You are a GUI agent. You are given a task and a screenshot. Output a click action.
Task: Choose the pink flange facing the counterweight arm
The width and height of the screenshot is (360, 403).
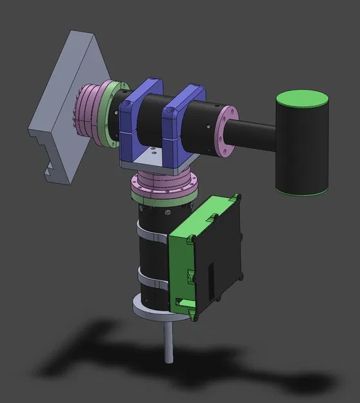pos(226,132)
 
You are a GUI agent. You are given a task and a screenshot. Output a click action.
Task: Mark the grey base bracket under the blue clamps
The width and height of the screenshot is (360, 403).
pos(155,158)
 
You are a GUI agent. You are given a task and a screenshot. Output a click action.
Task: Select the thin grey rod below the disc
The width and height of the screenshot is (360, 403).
pos(168,342)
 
